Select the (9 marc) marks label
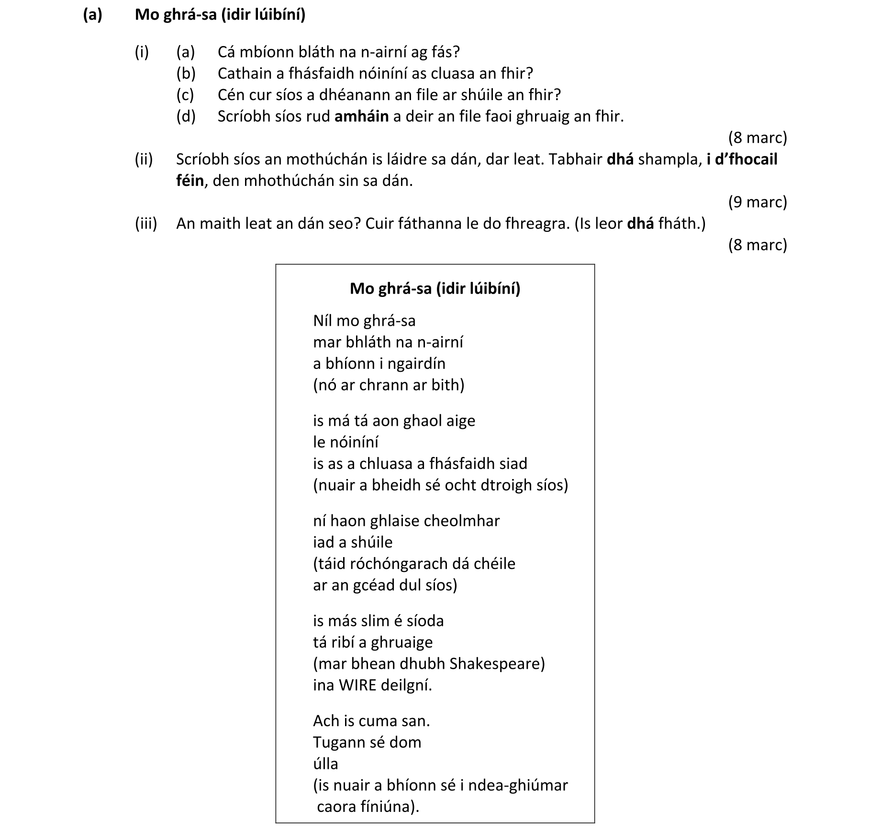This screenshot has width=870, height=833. [x=757, y=202]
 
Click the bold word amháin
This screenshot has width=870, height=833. [x=361, y=116]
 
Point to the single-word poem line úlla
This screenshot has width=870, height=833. [x=325, y=764]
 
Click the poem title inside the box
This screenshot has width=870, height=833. [x=435, y=288]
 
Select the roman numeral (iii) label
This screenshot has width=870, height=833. [x=145, y=224]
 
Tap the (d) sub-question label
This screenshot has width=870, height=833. [x=186, y=116]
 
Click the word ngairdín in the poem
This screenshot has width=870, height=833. [x=416, y=364]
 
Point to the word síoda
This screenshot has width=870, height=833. [x=425, y=621]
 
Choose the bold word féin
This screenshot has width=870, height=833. [x=190, y=181]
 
